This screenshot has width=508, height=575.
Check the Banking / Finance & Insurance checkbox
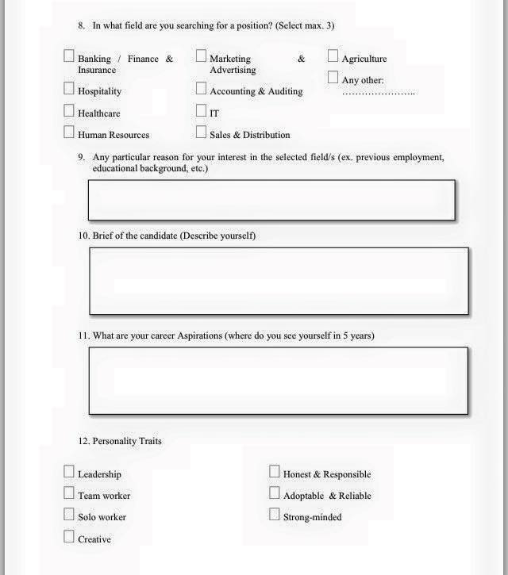point(69,57)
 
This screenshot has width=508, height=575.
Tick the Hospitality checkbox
point(69,90)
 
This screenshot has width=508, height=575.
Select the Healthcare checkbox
point(69,112)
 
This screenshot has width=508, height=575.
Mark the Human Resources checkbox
point(69,133)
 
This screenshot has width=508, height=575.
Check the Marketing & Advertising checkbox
point(201,57)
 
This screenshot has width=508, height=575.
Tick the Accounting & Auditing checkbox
point(201,90)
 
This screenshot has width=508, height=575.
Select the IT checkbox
point(201,112)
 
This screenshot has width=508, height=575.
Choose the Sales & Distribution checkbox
point(201,133)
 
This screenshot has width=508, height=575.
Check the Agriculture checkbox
point(333,57)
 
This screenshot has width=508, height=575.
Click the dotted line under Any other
point(379,94)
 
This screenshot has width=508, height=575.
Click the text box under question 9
point(271,200)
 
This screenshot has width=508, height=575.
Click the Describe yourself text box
point(279,281)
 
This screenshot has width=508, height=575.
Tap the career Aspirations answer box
point(279,381)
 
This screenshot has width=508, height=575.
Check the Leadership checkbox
point(69,473)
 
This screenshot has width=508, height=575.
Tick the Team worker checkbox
point(69,494)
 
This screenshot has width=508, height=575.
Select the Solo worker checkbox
point(69,516)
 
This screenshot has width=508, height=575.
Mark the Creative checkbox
point(69,538)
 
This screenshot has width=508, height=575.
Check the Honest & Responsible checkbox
point(275,473)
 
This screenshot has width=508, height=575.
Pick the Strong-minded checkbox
point(275,516)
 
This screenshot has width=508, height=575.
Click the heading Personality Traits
point(126,441)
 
